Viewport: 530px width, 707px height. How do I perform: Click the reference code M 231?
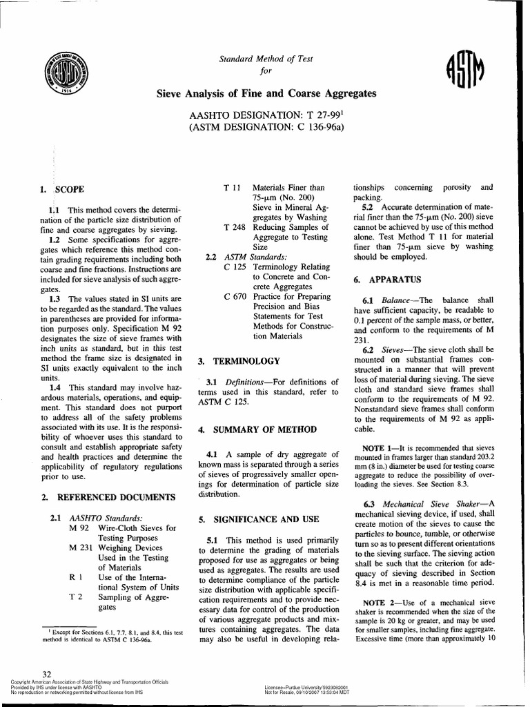tap(83, 548)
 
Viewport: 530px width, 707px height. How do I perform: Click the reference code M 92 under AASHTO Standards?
tap(81, 527)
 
